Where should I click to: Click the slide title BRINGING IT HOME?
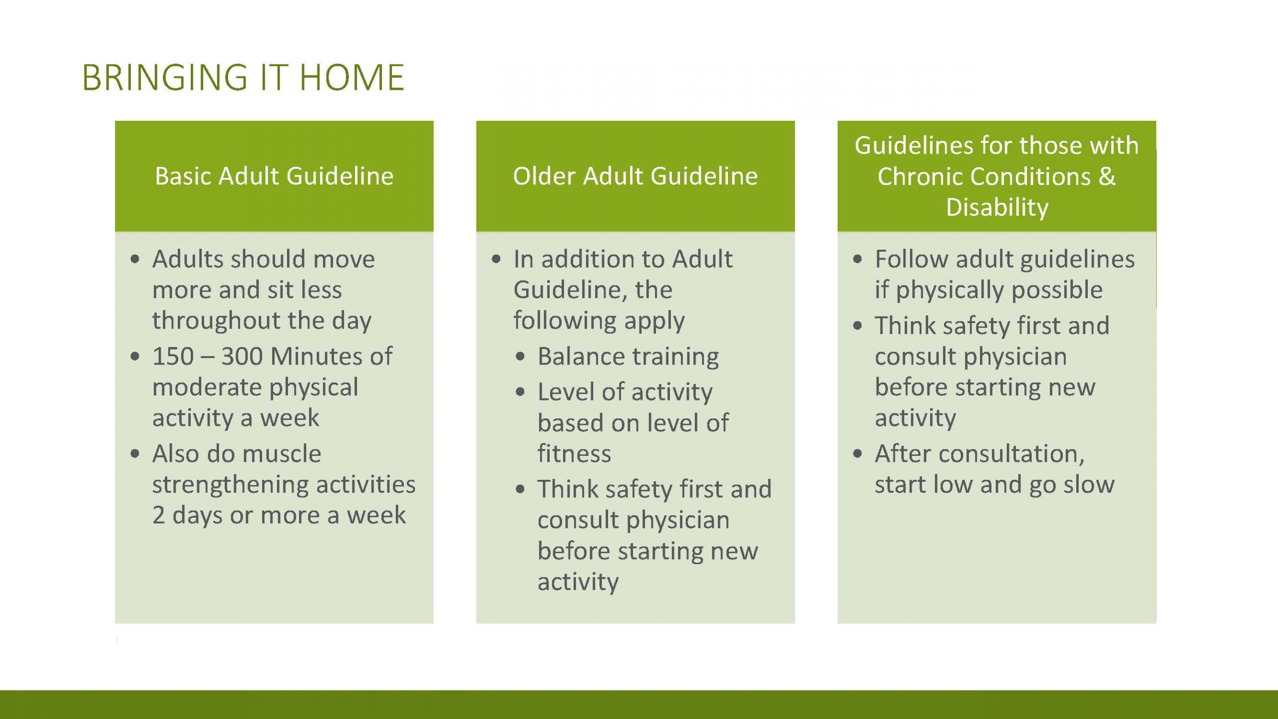243,77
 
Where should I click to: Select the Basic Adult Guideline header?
274,176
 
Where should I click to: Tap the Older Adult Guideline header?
636,176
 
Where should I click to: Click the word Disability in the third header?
997,207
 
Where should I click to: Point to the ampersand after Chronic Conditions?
1107,176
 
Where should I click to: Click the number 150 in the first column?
173,357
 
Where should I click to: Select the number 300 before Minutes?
242,357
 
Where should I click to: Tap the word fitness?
574,453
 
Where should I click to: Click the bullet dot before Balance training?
520,357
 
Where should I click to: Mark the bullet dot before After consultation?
858,454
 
